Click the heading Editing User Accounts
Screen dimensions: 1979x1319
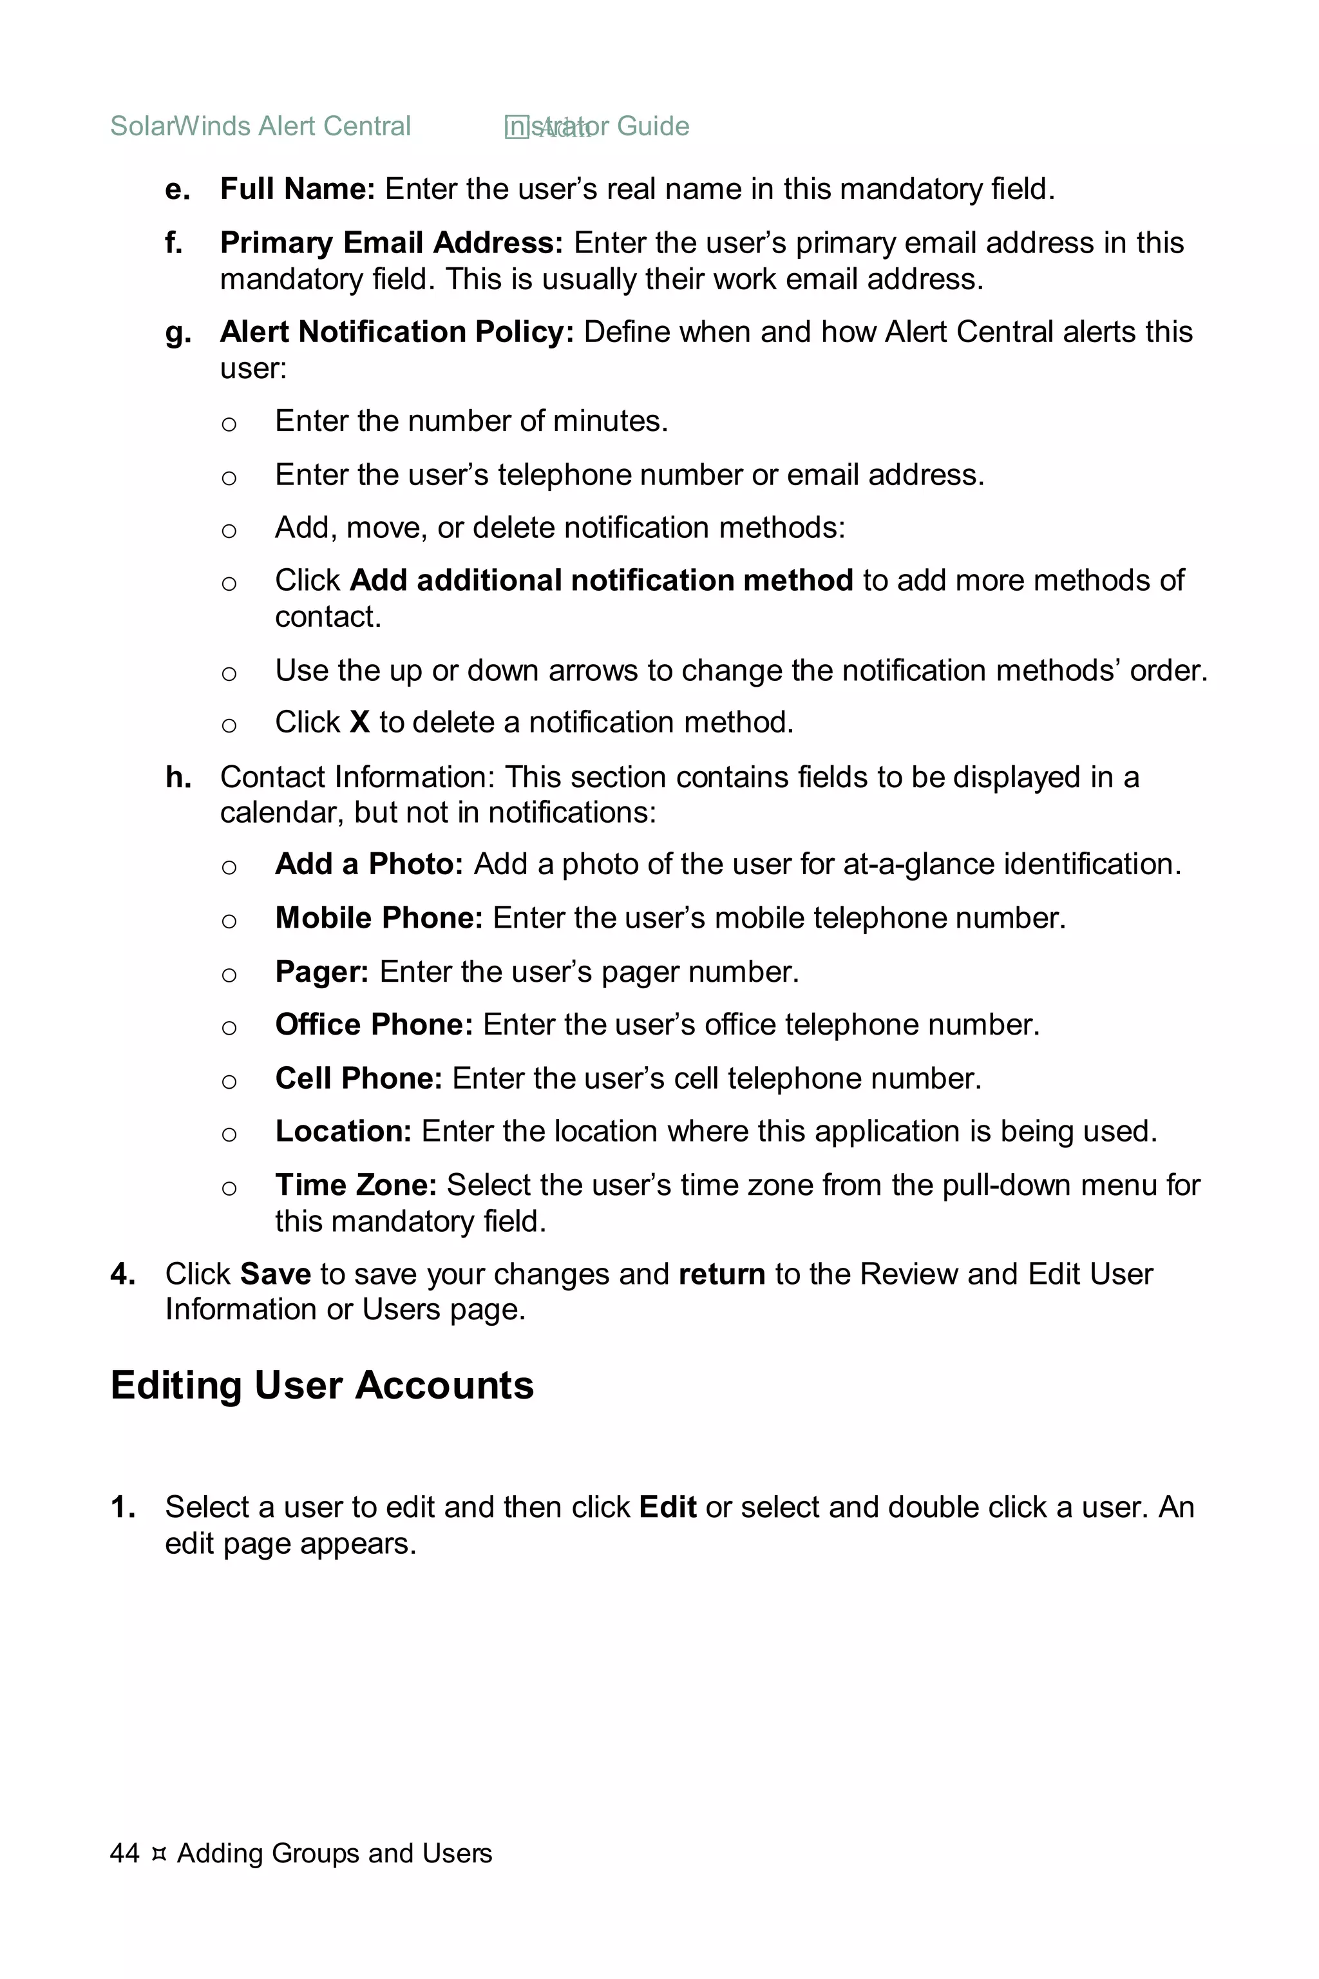coord(322,1386)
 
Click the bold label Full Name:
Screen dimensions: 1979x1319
coord(297,189)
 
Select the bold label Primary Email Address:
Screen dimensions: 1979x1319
coord(391,243)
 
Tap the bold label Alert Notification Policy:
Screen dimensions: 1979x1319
coord(396,332)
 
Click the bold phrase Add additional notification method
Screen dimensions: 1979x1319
coord(601,580)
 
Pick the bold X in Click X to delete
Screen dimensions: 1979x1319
coord(360,723)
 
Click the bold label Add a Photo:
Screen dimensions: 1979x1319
coord(368,864)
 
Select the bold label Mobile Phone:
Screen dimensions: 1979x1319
coord(379,918)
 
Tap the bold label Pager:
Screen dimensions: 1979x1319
coord(321,972)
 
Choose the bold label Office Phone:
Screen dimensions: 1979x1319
coord(374,1025)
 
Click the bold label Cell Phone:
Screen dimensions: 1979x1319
coord(358,1078)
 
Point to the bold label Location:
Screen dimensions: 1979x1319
coord(343,1132)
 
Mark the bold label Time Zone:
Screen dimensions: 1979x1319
coord(355,1185)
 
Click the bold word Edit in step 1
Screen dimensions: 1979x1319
coord(667,1507)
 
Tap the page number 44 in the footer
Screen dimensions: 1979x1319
coord(124,1853)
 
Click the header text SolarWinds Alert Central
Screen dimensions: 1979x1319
coord(260,126)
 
